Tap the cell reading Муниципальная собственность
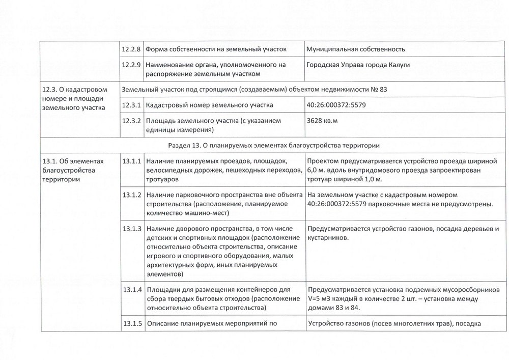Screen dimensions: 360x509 [x=356, y=49]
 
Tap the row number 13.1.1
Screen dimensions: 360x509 [x=131, y=161]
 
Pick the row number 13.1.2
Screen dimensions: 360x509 [x=131, y=195]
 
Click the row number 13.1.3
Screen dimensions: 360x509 [x=131, y=229]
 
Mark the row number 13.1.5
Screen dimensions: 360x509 [x=131, y=324]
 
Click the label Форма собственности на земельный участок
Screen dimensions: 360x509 [x=216, y=49]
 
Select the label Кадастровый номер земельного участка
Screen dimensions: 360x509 [x=209, y=105]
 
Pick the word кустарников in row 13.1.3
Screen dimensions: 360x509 [x=328, y=238]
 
